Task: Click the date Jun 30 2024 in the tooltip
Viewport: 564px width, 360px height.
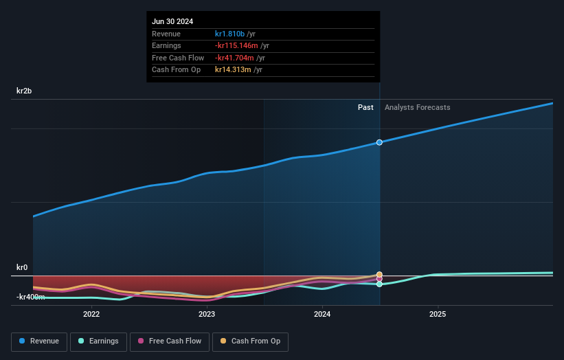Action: point(172,21)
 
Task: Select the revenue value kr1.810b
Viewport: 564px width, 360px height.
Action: point(234,34)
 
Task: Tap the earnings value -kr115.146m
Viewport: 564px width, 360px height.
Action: point(240,46)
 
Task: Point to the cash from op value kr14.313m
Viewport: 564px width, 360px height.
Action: point(233,70)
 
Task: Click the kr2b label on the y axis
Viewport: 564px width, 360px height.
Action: point(24,91)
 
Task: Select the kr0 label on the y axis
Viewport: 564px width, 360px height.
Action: point(22,267)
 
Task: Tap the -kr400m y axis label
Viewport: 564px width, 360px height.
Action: point(31,297)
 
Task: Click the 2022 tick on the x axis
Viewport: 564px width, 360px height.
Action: point(91,315)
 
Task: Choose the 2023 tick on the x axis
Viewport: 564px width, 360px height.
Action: point(207,315)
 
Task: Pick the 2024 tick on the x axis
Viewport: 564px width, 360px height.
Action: point(322,315)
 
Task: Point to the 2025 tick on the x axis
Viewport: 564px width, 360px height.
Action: point(438,315)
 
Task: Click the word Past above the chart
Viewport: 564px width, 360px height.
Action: point(365,107)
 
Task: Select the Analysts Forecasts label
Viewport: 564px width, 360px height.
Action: point(418,107)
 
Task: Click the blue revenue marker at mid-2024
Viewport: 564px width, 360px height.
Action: point(379,142)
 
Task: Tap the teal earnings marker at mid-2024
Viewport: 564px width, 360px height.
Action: point(379,284)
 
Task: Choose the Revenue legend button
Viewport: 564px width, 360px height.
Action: point(39,341)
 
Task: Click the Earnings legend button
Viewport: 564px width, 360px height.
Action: point(98,341)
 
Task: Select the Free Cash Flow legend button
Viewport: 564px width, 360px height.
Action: point(170,341)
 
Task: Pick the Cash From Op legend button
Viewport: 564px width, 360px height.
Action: point(251,341)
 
